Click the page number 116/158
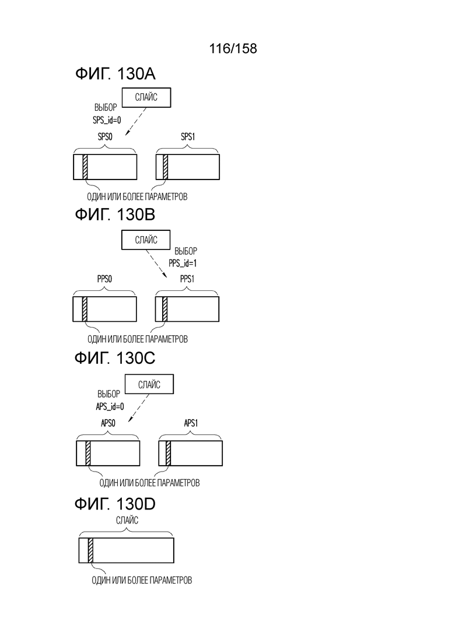point(233,48)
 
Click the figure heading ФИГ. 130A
point(115,74)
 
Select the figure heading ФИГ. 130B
point(115,215)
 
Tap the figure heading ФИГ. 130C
point(115,358)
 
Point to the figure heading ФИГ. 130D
point(115,504)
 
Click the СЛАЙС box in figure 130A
point(146,97)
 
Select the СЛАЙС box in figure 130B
point(146,240)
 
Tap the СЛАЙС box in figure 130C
point(149,384)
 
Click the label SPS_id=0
point(107,121)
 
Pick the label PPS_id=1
point(183,263)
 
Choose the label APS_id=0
point(110,407)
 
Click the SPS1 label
point(188,137)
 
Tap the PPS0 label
point(104,279)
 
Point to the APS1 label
point(191,423)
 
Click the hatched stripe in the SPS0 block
point(85,167)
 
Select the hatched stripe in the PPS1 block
point(165,309)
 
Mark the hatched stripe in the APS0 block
point(88,453)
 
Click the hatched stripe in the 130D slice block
point(90,550)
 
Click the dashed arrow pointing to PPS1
point(157,264)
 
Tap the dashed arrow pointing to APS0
point(139,408)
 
